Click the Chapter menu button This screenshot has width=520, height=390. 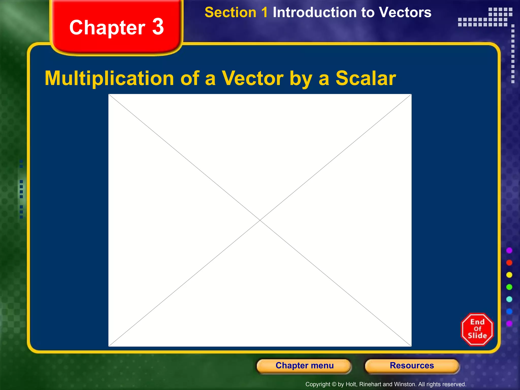304,366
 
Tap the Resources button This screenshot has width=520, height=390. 412,366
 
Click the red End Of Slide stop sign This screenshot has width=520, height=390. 477,329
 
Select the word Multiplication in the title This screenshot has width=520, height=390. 109,78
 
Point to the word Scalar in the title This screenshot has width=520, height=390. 366,78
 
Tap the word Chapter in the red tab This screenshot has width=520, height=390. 107,28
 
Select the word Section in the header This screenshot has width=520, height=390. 231,12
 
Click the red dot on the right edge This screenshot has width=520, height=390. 509,263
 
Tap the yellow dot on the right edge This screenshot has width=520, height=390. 509,275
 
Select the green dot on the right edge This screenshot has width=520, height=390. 509,287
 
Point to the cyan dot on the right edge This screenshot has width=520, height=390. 509,299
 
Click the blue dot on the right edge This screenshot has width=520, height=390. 509,311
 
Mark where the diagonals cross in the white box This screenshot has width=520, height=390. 260,220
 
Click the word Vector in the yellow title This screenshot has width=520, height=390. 253,78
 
